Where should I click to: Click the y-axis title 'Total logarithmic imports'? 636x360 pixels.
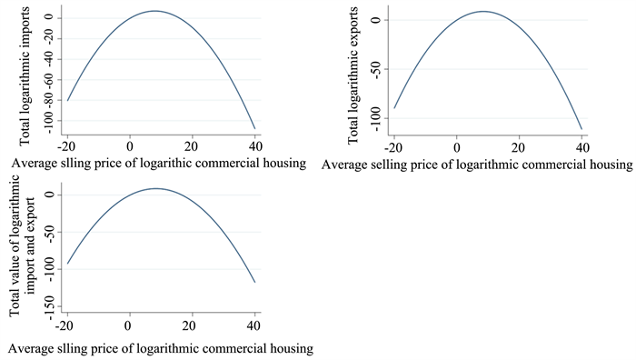point(25,75)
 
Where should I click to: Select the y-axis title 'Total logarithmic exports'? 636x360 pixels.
point(353,75)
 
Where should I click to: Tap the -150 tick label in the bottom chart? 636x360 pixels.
point(52,307)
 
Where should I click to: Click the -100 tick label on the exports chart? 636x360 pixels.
point(376,119)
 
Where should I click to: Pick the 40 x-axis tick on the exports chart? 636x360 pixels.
point(582,147)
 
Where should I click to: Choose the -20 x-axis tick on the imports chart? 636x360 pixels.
point(66,146)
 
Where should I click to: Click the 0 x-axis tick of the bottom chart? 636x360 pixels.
point(128,325)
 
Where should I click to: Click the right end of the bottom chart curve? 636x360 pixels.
point(254,282)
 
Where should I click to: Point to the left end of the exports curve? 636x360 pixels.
point(394,108)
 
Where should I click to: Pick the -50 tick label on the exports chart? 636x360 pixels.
point(376,70)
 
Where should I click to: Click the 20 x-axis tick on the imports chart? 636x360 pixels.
point(192,146)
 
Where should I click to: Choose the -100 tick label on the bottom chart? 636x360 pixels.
point(52,270)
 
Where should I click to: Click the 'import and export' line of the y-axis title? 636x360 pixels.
point(30,245)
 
